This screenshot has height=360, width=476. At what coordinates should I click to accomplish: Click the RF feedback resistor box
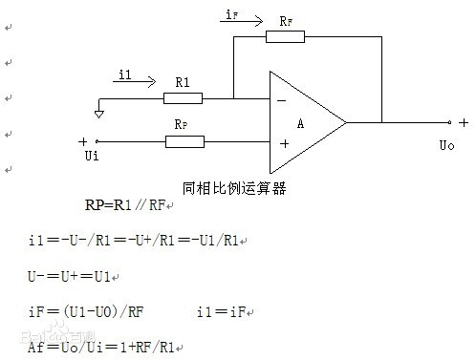285,37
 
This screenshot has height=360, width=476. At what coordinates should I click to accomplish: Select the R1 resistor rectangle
183,97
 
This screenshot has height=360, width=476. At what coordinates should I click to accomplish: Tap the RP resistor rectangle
184,142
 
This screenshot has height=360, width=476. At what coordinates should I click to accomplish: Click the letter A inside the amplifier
300,122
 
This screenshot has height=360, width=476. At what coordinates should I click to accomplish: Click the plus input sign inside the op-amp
284,143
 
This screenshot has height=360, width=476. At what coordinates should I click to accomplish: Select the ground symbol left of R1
98,113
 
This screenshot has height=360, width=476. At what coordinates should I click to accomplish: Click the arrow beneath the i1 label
135,82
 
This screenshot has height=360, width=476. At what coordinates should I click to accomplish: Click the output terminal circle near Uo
449,122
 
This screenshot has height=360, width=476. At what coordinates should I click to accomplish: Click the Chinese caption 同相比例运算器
234,188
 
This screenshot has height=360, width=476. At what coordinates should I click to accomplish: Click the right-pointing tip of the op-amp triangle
345,122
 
